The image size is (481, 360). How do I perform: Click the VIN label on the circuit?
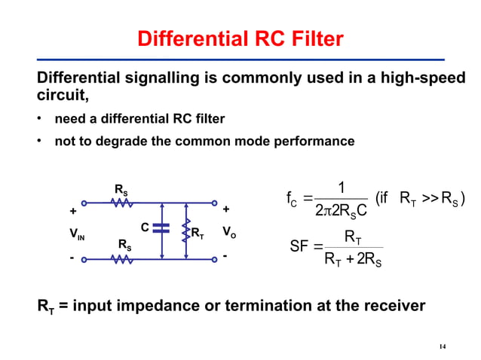point(78,236)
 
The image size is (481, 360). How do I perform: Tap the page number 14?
point(443,346)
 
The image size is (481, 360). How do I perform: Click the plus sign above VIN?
point(73,210)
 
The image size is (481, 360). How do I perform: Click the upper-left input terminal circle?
point(84,203)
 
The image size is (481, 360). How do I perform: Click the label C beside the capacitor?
point(144,225)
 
